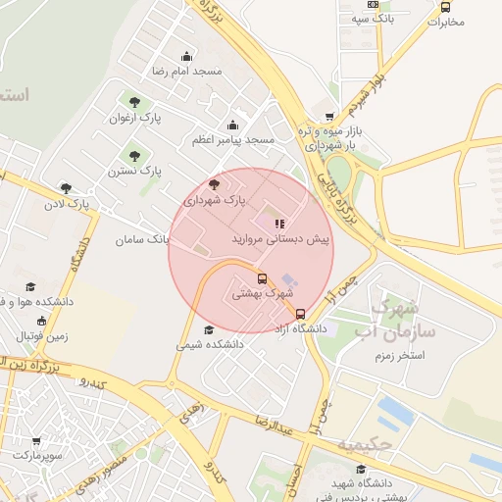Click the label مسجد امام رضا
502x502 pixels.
click(186, 72)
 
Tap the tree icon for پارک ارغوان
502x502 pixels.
click(134, 101)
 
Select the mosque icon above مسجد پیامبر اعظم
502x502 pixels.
click(232, 125)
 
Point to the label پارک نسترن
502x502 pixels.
click(136, 171)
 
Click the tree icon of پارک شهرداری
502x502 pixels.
click(215, 183)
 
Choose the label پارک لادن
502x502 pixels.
click(87, 204)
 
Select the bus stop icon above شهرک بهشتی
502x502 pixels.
click(262, 276)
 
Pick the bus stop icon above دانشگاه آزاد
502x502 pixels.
click(300, 314)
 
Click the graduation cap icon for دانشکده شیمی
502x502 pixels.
click(208, 330)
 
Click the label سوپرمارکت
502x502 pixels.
click(38, 456)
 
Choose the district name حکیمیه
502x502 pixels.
click(365, 445)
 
